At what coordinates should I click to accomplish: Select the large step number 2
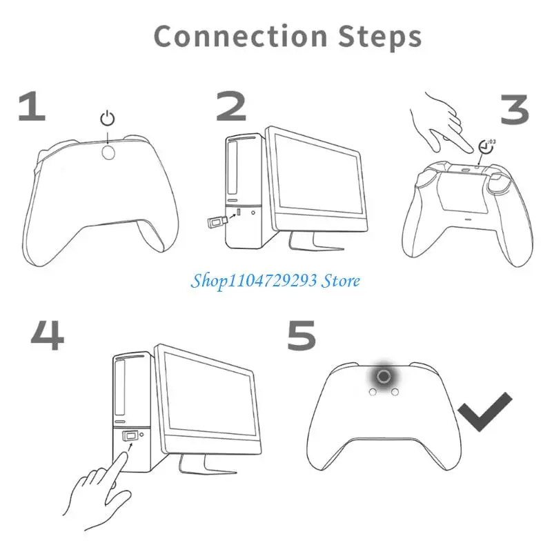[x=230, y=108]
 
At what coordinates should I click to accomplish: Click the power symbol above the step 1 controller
[x=108, y=119]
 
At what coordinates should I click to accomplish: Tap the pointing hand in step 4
[x=100, y=490]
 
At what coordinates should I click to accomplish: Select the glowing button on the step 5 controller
[x=386, y=375]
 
